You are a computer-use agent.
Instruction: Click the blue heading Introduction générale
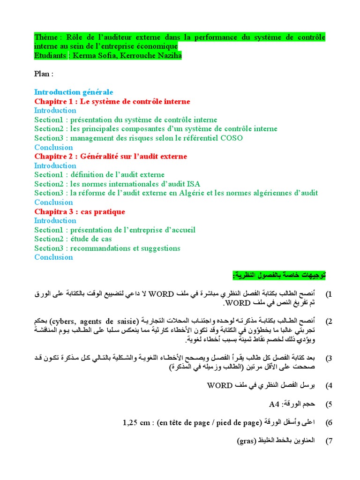74,92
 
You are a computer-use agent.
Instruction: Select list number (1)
329,294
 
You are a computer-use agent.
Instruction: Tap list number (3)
329,359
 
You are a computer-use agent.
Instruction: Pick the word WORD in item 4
219,386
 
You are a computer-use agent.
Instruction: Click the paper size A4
273,404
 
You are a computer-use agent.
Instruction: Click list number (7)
329,442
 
